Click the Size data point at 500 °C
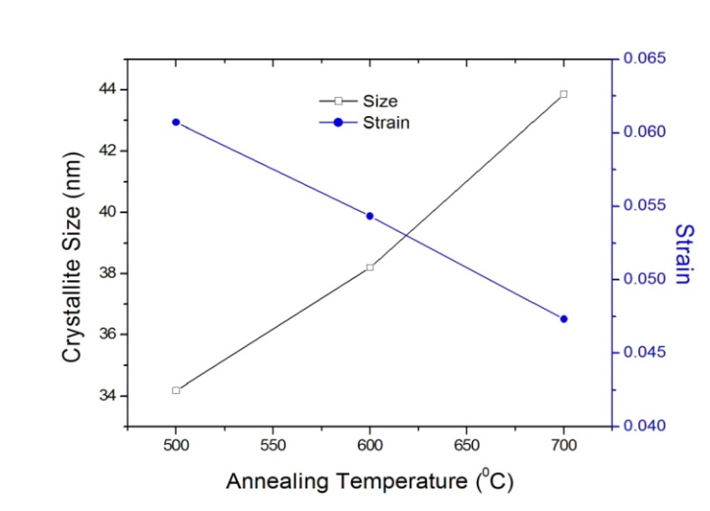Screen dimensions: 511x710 (x=176, y=390)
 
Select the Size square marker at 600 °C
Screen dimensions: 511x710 (x=370, y=267)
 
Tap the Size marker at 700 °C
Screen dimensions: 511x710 (x=564, y=93)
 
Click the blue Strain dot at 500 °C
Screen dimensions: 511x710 (x=176, y=122)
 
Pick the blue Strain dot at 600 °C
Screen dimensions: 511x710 (x=370, y=216)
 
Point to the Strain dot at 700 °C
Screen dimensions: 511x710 (x=564, y=319)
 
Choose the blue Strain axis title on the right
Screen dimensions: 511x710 (x=685, y=254)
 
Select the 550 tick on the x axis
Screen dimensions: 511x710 (x=273, y=446)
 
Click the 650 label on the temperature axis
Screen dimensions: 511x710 (x=466, y=446)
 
